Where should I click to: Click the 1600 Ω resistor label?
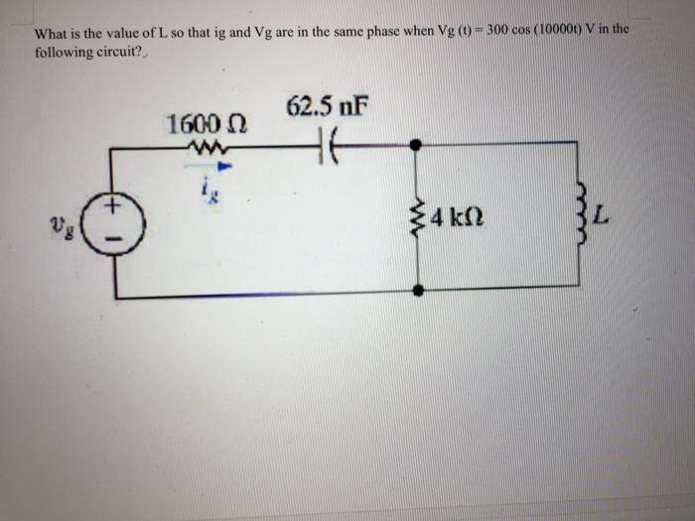coord(208,126)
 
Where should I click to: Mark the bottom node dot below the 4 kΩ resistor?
coord(418,291)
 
